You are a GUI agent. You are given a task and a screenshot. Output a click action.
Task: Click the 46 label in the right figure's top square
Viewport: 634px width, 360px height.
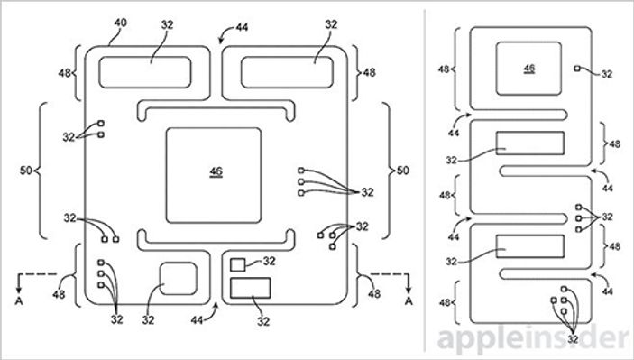[528, 69]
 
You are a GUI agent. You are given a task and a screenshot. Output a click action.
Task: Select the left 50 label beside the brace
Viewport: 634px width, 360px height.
[24, 169]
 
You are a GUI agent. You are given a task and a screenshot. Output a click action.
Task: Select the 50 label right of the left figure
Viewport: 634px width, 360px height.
[403, 169]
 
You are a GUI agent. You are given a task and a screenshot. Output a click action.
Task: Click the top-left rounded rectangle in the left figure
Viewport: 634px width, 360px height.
[144, 71]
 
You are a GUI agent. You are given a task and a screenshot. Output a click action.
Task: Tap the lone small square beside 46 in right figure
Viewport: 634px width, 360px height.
[577, 68]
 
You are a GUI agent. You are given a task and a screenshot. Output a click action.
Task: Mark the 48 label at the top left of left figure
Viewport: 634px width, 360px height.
[65, 71]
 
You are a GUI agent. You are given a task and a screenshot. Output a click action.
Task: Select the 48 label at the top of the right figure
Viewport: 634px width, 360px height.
[445, 69]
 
